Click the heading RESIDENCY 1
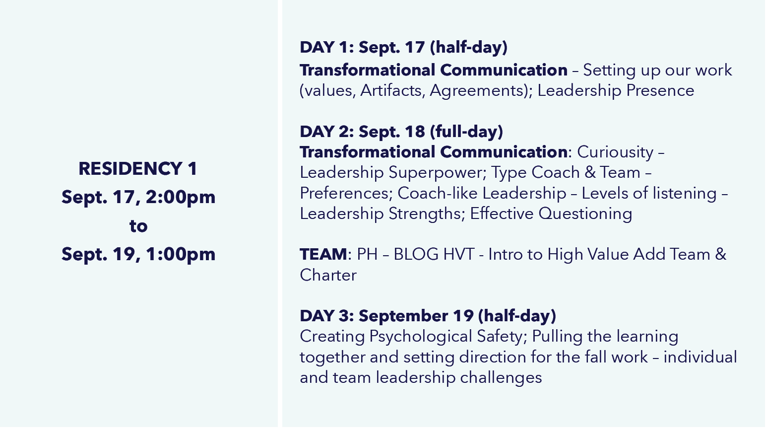point(138,168)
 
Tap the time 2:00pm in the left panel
point(181,197)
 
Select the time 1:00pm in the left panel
point(181,254)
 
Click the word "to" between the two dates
point(138,226)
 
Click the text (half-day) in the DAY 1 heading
point(469,47)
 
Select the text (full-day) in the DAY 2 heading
point(466,132)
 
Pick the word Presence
point(660,90)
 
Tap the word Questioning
point(585,214)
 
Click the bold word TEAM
point(323,254)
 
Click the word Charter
point(328,275)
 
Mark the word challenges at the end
point(501,378)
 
